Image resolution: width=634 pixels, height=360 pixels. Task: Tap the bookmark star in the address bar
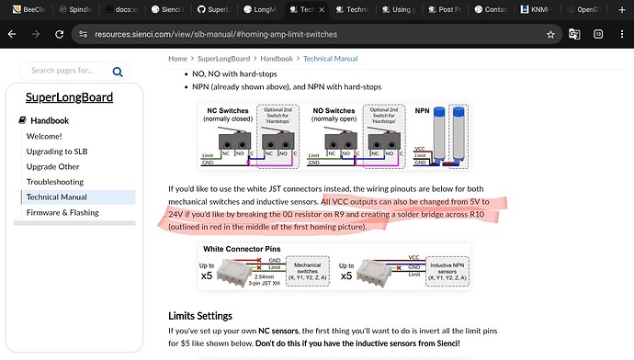pyautogui.click(x=549, y=34)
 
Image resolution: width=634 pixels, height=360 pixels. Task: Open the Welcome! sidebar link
pyautogui.click(x=44, y=135)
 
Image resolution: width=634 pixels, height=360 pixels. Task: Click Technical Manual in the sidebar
pyautogui.click(x=57, y=197)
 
